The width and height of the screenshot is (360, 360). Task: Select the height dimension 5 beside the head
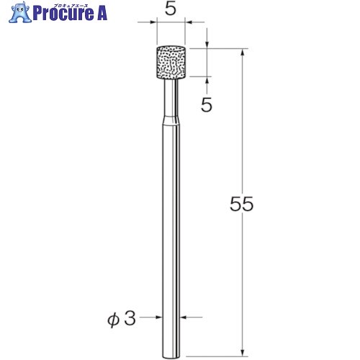206,105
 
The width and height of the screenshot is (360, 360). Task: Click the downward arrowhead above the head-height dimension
206,46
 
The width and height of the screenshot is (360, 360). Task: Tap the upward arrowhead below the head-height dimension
206,81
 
